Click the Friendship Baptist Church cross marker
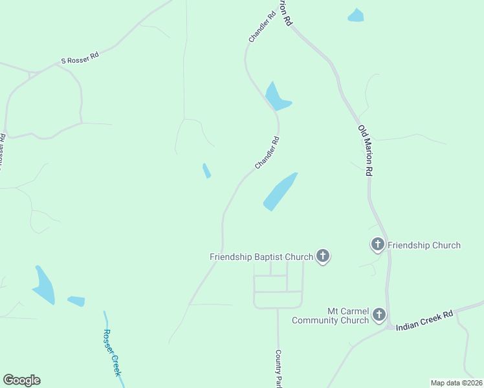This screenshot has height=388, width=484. pyautogui.click(x=323, y=257)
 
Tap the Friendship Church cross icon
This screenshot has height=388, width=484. pyautogui.click(x=377, y=244)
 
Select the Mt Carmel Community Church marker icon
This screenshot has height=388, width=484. pyautogui.click(x=379, y=316)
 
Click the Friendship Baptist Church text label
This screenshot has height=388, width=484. pyautogui.click(x=261, y=257)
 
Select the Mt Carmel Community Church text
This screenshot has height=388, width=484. pyautogui.click(x=330, y=316)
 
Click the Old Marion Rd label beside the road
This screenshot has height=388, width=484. pyautogui.click(x=366, y=151)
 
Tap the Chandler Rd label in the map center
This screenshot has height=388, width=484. pyautogui.click(x=267, y=153)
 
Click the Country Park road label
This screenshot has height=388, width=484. pyautogui.click(x=279, y=369)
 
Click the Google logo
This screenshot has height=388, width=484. pyautogui.click(x=21, y=380)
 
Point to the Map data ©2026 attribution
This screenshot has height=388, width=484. pyautogui.click(x=456, y=383)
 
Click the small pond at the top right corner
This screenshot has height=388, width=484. pyautogui.click(x=356, y=16)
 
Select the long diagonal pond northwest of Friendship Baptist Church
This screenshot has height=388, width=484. pyautogui.click(x=280, y=191)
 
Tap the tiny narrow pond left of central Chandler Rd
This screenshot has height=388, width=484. pyautogui.click(x=206, y=171)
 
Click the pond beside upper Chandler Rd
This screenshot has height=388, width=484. pyautogui.click(x=277, y=97)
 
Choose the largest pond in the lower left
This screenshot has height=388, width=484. pyautogui.click(x=44, y=285)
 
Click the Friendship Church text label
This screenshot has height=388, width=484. pyautogui.click(x=424, y=245)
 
